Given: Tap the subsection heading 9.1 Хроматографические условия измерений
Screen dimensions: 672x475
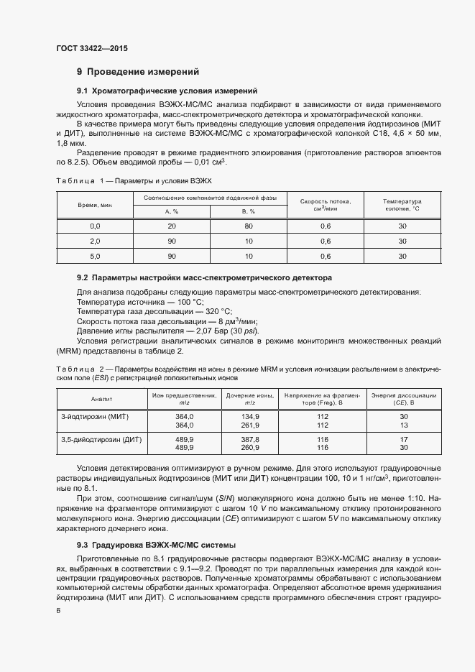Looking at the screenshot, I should (167, 91).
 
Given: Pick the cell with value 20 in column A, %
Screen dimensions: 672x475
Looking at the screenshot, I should (171, 226).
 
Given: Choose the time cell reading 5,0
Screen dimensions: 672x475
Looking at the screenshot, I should (94, 256).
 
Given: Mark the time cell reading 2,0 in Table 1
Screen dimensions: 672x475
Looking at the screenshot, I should (94, 241).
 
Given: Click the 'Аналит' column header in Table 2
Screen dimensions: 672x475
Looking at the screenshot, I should (101, 398).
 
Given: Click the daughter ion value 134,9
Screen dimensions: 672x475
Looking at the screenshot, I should (250, 416).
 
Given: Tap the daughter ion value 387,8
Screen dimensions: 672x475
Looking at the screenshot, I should (250, 438).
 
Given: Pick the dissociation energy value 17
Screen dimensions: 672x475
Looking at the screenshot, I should (404, 438).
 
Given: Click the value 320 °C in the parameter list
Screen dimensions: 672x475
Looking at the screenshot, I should (218, 311).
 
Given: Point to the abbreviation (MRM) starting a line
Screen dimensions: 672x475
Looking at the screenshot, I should (70, 350).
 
